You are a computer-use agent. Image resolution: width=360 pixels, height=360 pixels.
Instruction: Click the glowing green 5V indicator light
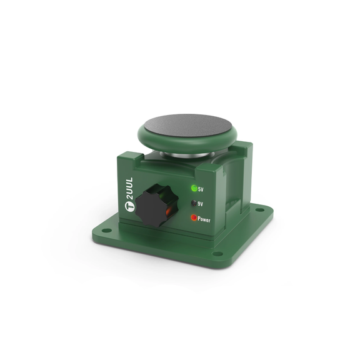[194, 188]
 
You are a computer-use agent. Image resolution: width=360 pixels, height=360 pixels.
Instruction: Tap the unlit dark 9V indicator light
[194, 203]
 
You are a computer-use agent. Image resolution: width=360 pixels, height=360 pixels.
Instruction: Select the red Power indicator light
[194, 217]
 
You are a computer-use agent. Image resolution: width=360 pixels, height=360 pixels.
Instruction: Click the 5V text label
[201, 189]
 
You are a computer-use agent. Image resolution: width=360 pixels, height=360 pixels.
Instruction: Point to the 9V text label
[200, 204]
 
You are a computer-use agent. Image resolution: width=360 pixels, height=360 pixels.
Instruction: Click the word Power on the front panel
[204, 219]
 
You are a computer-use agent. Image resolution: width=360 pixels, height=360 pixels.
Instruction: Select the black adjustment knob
[156, 205]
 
